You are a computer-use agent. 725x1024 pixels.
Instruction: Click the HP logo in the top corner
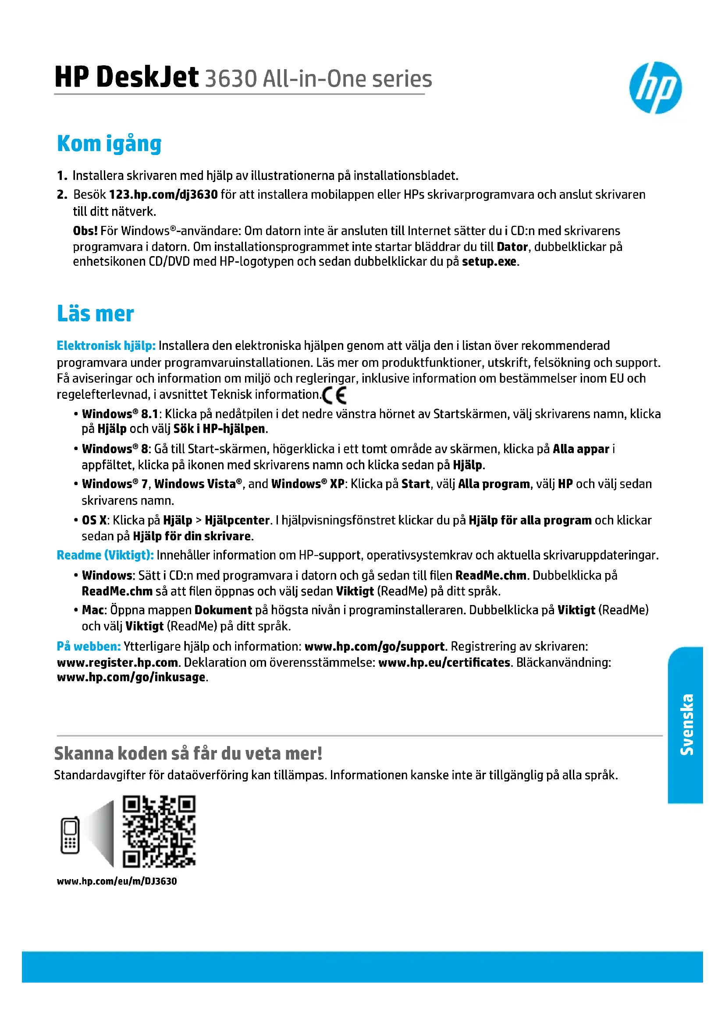(655, 88)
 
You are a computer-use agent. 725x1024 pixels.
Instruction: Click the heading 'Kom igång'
(109, 144)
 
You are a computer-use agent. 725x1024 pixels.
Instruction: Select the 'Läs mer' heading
(95, 313)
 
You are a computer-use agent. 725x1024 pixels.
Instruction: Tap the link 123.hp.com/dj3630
(163, 194)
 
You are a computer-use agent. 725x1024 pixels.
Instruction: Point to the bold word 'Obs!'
(85, 231)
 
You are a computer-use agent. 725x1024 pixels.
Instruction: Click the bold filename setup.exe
(489, 261)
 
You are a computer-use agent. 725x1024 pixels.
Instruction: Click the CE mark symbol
(334, 395)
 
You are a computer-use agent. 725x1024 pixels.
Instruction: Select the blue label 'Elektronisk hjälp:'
(106, 346)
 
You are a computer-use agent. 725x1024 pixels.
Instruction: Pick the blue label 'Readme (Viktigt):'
(105, 555)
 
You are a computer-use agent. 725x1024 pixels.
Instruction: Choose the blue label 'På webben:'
(89, 646)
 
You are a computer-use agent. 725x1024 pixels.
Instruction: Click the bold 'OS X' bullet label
(94, 520)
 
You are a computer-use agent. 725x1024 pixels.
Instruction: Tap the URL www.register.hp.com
(117, 662)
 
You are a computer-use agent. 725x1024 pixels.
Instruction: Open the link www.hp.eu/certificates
(444, 662)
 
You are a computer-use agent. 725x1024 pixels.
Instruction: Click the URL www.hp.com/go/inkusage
(131, 677)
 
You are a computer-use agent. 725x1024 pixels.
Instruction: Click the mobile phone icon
(70, 835)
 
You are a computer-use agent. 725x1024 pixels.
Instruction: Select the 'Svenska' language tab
(686, 724)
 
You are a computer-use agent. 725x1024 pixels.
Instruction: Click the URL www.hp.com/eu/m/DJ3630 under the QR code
(117, 881)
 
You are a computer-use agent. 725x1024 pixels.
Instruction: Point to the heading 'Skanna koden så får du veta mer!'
(188, 753)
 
